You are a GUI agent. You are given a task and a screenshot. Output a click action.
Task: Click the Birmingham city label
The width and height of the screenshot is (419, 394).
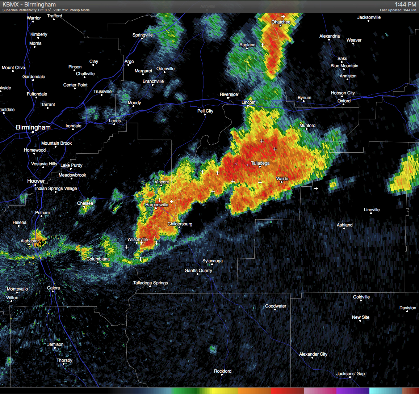[x=33, y=127]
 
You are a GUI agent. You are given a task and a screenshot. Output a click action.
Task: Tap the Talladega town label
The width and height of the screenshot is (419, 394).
[x=260, y=163]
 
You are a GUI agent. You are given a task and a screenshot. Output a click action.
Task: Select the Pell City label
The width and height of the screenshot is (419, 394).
[x=205, y=111]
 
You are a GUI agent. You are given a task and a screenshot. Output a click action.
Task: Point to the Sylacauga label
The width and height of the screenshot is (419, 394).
[x=213, y=261]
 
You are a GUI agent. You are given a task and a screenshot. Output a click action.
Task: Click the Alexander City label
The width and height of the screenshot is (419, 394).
[x=313, y=354]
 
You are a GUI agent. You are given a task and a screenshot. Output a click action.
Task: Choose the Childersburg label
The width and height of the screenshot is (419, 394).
[x=180, y=224]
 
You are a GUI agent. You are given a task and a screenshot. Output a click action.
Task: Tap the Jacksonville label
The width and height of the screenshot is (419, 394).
[x=369, y=17]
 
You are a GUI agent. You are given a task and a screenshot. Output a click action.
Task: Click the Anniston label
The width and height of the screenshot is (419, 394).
[x=348, y=76]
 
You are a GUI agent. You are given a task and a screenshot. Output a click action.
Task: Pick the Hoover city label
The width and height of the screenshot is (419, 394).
[x=36, y=181]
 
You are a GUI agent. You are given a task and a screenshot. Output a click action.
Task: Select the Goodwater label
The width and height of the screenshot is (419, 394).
[x=276, y=306]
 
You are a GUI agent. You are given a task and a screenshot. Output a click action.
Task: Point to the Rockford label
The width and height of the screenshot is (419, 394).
[x=223, y=371]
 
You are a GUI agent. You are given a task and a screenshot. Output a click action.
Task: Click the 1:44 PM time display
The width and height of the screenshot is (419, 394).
[x=405, y=4]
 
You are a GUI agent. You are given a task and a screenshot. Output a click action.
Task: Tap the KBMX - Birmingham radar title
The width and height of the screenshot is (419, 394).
[x=29, y=4]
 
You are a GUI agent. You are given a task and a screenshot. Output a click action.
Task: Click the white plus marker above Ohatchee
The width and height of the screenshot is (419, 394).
[x=283, y=16]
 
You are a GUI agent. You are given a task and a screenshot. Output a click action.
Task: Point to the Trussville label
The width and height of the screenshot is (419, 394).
[x=102, y=92]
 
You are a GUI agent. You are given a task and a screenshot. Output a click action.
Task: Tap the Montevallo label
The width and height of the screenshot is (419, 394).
[x=17, y=289]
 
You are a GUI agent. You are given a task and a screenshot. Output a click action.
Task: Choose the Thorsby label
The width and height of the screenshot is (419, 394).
[x=64, y=360]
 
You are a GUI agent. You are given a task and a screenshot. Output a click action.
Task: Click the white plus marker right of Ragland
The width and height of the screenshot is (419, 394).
[x=263, y=45]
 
